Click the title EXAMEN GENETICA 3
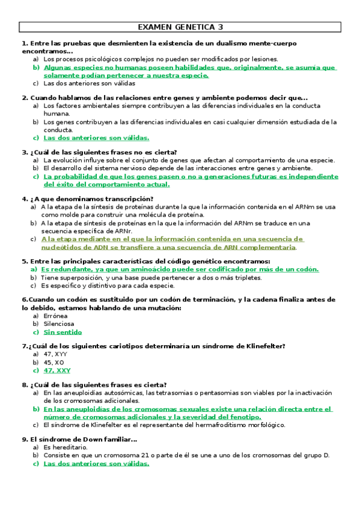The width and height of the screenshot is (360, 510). click(x=180, y=27)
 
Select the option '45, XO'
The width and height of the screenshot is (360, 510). click(x=54, y=363)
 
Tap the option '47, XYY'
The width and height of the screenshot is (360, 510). click(x=55, y=354)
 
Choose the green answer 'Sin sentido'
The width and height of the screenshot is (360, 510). click(x=63, y=331)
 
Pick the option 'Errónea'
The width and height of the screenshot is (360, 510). click(x=56, y=315)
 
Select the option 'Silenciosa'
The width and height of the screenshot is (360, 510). click(x=59, y=324)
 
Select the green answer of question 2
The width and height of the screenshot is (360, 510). click(x=88, y=137)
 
